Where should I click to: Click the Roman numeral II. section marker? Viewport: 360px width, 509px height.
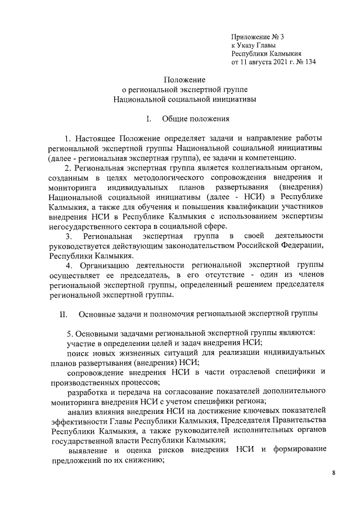64,313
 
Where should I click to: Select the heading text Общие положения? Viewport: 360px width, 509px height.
195,119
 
